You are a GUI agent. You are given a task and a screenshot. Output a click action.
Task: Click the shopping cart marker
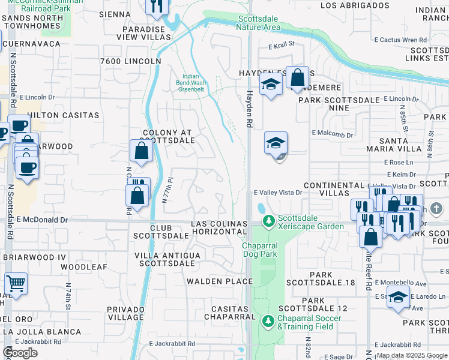coord(16,283)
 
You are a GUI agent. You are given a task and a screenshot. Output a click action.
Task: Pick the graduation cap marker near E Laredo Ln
coord(398,297)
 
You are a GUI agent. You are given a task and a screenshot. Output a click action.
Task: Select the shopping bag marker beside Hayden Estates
coord(297,77)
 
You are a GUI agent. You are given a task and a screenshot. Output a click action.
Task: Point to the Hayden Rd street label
coord(248,109)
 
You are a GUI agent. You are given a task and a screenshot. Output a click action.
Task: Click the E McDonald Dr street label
coord(43,220)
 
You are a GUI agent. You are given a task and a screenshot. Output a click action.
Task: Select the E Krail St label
coord(282,44)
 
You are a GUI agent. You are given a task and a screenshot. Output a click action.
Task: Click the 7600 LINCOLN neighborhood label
coord(131,61)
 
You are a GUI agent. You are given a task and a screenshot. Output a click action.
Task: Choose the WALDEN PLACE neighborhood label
coord(212,281)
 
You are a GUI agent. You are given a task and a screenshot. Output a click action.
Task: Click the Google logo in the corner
coord(20,353)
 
